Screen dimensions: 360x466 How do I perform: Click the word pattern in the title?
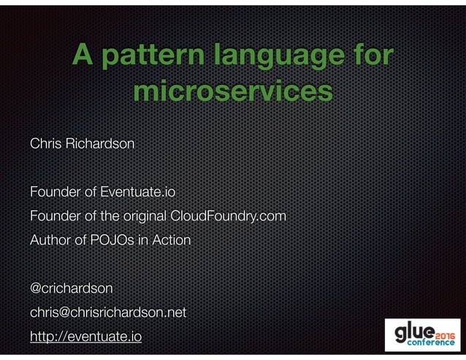[149, 56]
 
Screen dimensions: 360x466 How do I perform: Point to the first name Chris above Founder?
[44, 144]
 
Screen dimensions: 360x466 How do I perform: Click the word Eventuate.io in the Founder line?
[139, 193]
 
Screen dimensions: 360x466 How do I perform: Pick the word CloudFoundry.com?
[228, 217]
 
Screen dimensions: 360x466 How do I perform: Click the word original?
[142, 217]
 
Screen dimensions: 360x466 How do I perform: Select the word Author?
[47, 240]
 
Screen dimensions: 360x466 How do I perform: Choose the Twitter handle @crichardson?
[71, 288]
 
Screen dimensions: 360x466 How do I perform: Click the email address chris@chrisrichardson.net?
[108, 313]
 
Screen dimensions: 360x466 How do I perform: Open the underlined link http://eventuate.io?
[86, 337]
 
